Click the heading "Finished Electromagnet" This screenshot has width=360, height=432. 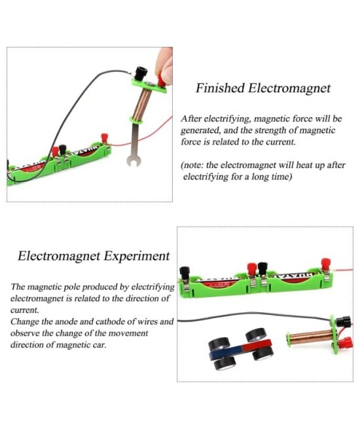pos(263,88)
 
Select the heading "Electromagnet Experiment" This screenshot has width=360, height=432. pos(93,256)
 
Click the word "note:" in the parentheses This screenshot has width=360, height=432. pos(196,165)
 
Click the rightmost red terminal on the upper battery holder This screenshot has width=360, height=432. pos(103,138)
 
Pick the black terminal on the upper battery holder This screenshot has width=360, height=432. pos(63,150)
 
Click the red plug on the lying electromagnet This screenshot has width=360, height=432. pos(344,342)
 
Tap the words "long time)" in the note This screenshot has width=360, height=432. pos(270,177)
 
